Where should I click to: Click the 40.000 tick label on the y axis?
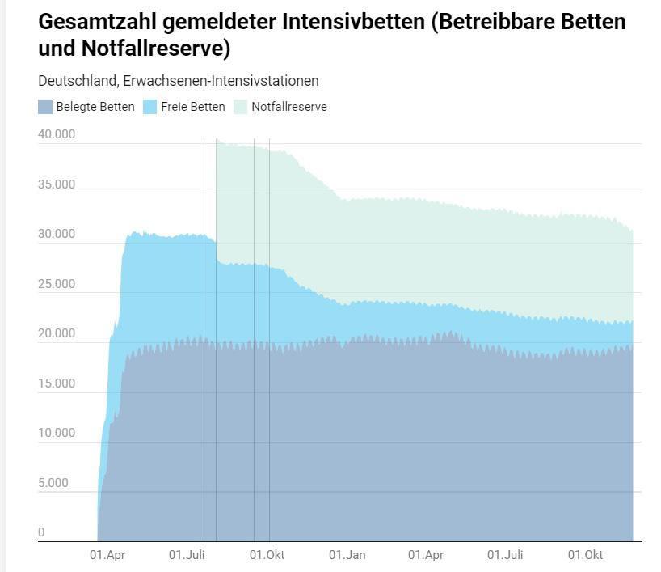(x=57, y=134)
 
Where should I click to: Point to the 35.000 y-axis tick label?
(x=57, y=184)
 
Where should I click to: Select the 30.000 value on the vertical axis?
(x=57, y=235)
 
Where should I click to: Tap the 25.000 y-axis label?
(x=57, y=284)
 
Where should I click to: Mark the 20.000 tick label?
(x=57, y=333)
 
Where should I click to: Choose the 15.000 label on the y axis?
(x=57, y=383)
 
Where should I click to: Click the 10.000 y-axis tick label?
(x=57, y=433)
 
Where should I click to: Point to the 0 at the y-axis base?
(x=41, y=532)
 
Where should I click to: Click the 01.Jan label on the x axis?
(x=347, y=555)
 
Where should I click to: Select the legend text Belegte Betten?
(x=95, y=107)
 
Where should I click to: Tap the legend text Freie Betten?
(x=193, y=107)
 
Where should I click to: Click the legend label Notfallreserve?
(x=289, y=107)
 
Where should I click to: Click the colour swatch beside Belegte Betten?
(x=45, y=107)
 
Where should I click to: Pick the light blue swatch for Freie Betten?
(x=150, y=107)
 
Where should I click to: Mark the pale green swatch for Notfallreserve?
(x=241, y=107)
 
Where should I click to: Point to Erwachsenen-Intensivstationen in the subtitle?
(x=221, y=81)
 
